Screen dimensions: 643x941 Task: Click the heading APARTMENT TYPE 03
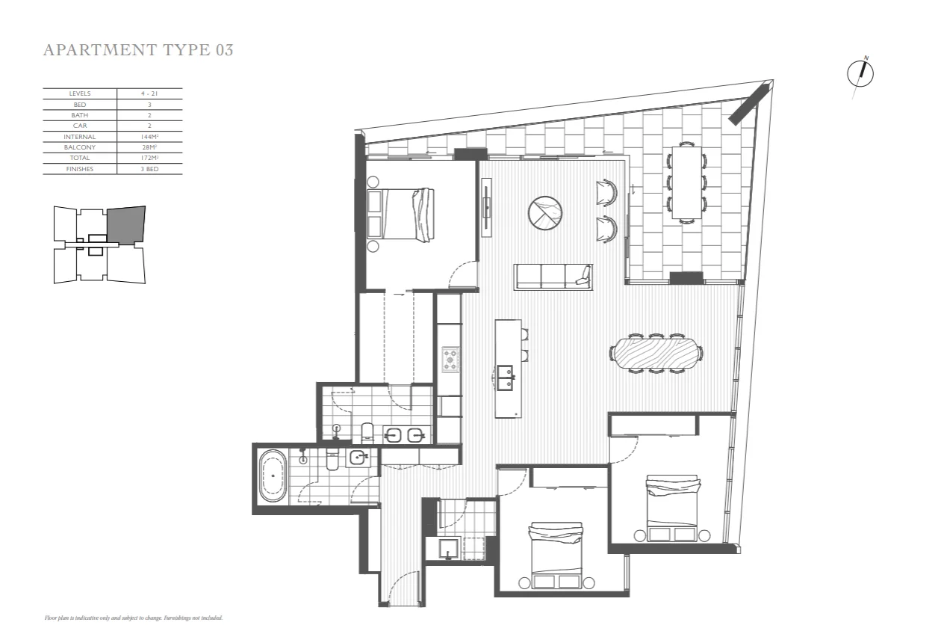coord(138,50)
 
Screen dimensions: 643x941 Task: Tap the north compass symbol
coord(861,73)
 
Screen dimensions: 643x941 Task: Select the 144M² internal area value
coord(149,137)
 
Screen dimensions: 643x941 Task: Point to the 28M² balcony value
coord(149,147)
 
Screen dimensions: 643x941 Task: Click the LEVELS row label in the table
coord(79,93)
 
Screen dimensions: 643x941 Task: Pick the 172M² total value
coord(149,158)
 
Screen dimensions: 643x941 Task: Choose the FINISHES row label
coord(79,169)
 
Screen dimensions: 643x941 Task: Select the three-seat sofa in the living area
coord(553,277)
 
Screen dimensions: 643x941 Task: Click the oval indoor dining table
coord(656,353)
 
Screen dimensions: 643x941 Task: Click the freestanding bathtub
coord(272,476)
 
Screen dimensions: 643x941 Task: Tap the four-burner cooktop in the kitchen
coord(452,360)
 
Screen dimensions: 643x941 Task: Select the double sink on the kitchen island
coord(506,378)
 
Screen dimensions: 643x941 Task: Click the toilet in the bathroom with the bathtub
coord(333,459)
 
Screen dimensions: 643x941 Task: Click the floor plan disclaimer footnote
coord(134,618)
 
